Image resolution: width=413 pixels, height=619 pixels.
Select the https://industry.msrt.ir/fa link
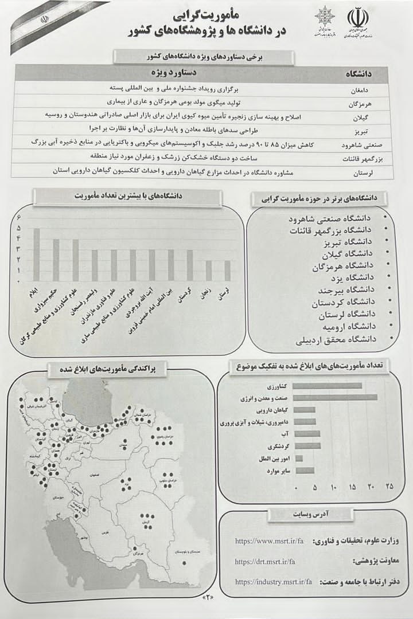(273, 581)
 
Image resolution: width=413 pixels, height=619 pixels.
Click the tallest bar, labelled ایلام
(37, 254)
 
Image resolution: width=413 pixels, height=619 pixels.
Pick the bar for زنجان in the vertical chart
(209, 271)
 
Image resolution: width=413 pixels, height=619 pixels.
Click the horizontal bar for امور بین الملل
(299, 459)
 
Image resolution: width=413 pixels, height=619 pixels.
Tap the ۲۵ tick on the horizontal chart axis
(389, 487)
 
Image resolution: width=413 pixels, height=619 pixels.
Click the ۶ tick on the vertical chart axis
(19, 217)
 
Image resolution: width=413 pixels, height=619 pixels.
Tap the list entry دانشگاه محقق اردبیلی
(336, 339)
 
